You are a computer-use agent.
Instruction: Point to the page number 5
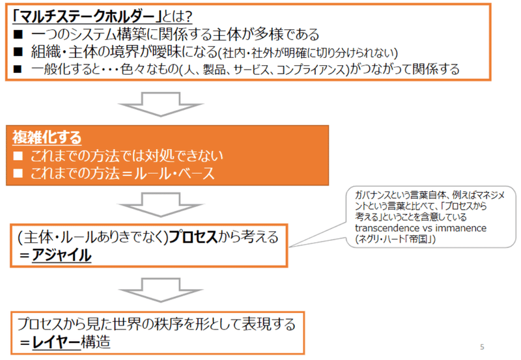481,346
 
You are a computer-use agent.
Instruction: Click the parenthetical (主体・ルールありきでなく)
92,238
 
